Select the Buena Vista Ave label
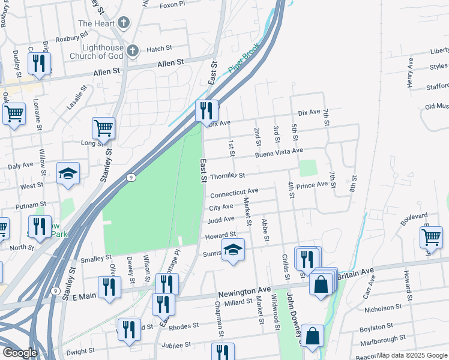tap(279, 153)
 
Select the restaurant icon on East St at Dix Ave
tap(206, 110)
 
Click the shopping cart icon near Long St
tap(103, 127)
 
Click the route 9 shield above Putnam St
tap(130, 178)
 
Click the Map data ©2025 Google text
tap(411, 355)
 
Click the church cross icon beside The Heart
tap(124, 23)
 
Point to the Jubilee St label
tap(176, 345)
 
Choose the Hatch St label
tap(159, 49)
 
